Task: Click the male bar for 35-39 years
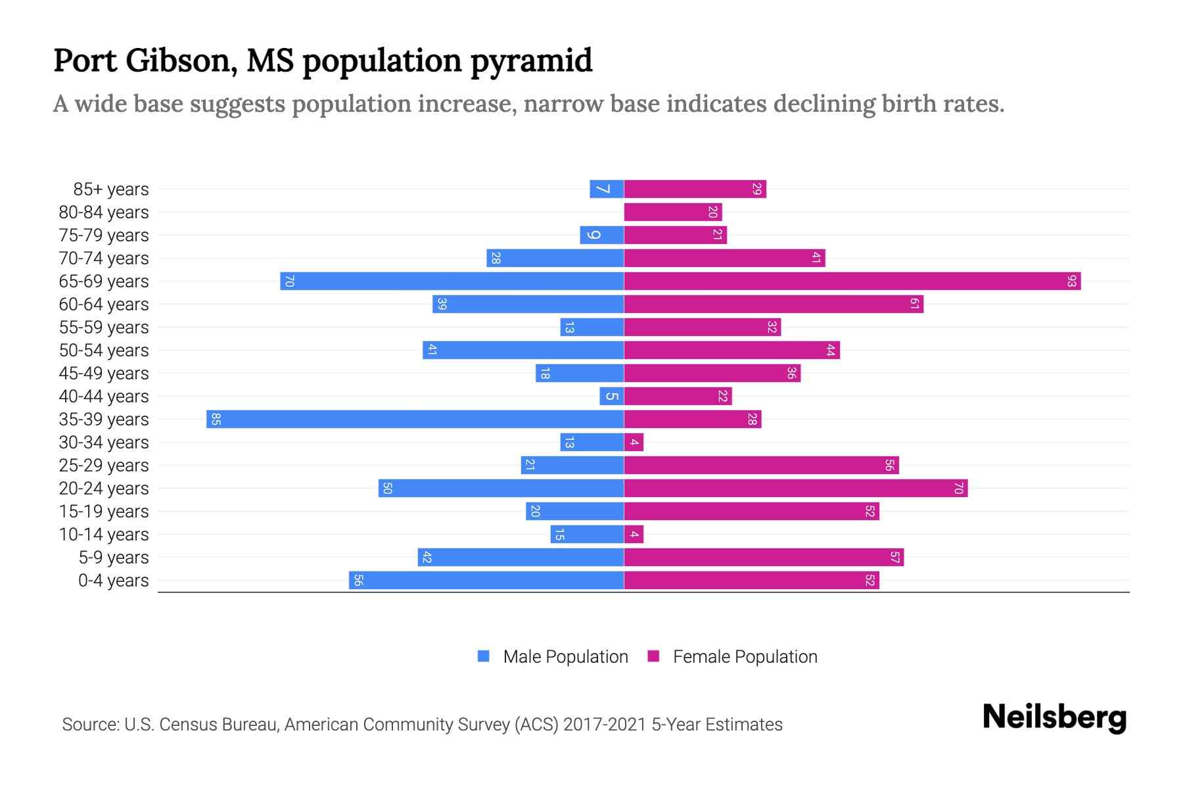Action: point(415,419)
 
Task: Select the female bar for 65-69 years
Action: point(852,281)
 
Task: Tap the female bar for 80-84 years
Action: point(672,212)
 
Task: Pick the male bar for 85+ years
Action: point(607,189)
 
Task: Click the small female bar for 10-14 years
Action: point(634,535)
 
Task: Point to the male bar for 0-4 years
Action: point(486,581)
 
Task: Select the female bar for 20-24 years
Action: point(795,489)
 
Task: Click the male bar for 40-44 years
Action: point(612,396)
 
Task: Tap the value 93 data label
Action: point(1072,281)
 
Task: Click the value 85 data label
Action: point(216,419)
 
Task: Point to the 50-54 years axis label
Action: point(104,350)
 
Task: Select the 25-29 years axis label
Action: point(104,466)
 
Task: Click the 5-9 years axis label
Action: point(114,558)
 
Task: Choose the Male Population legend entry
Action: point(565,657)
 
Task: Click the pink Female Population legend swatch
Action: point(653,656)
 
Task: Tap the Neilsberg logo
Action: point(1054,717)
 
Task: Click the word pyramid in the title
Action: point(531,60)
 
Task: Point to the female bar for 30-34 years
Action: point(634,442)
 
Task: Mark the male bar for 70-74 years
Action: point(555,258)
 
